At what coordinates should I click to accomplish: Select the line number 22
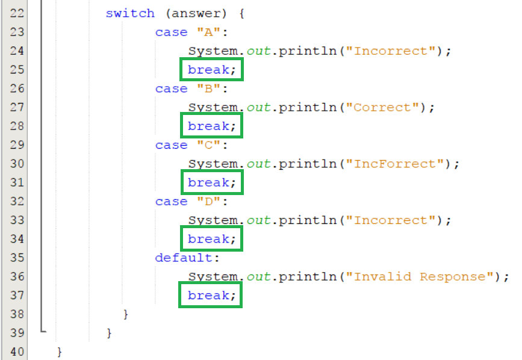pyautogui.click(x=17, y=13)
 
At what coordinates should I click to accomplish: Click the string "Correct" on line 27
pyautogui.click(x=385, y=107)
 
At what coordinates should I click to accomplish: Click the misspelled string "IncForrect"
pyautogui.click(x=398, y=164)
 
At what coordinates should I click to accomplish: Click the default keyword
pyautogui.click(x=184, y=258)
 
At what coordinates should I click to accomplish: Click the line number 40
pyautogui.click(x=17, y=352)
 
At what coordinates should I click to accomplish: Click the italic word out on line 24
pyautogui.click(x=258, y=51)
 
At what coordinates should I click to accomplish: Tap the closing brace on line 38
pyautogui.click(x=126, y=314)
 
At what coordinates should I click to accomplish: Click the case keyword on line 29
pyautogui.click(x=171, y=145)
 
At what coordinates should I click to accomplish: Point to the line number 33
pyautogui.click(x=17, y=220)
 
